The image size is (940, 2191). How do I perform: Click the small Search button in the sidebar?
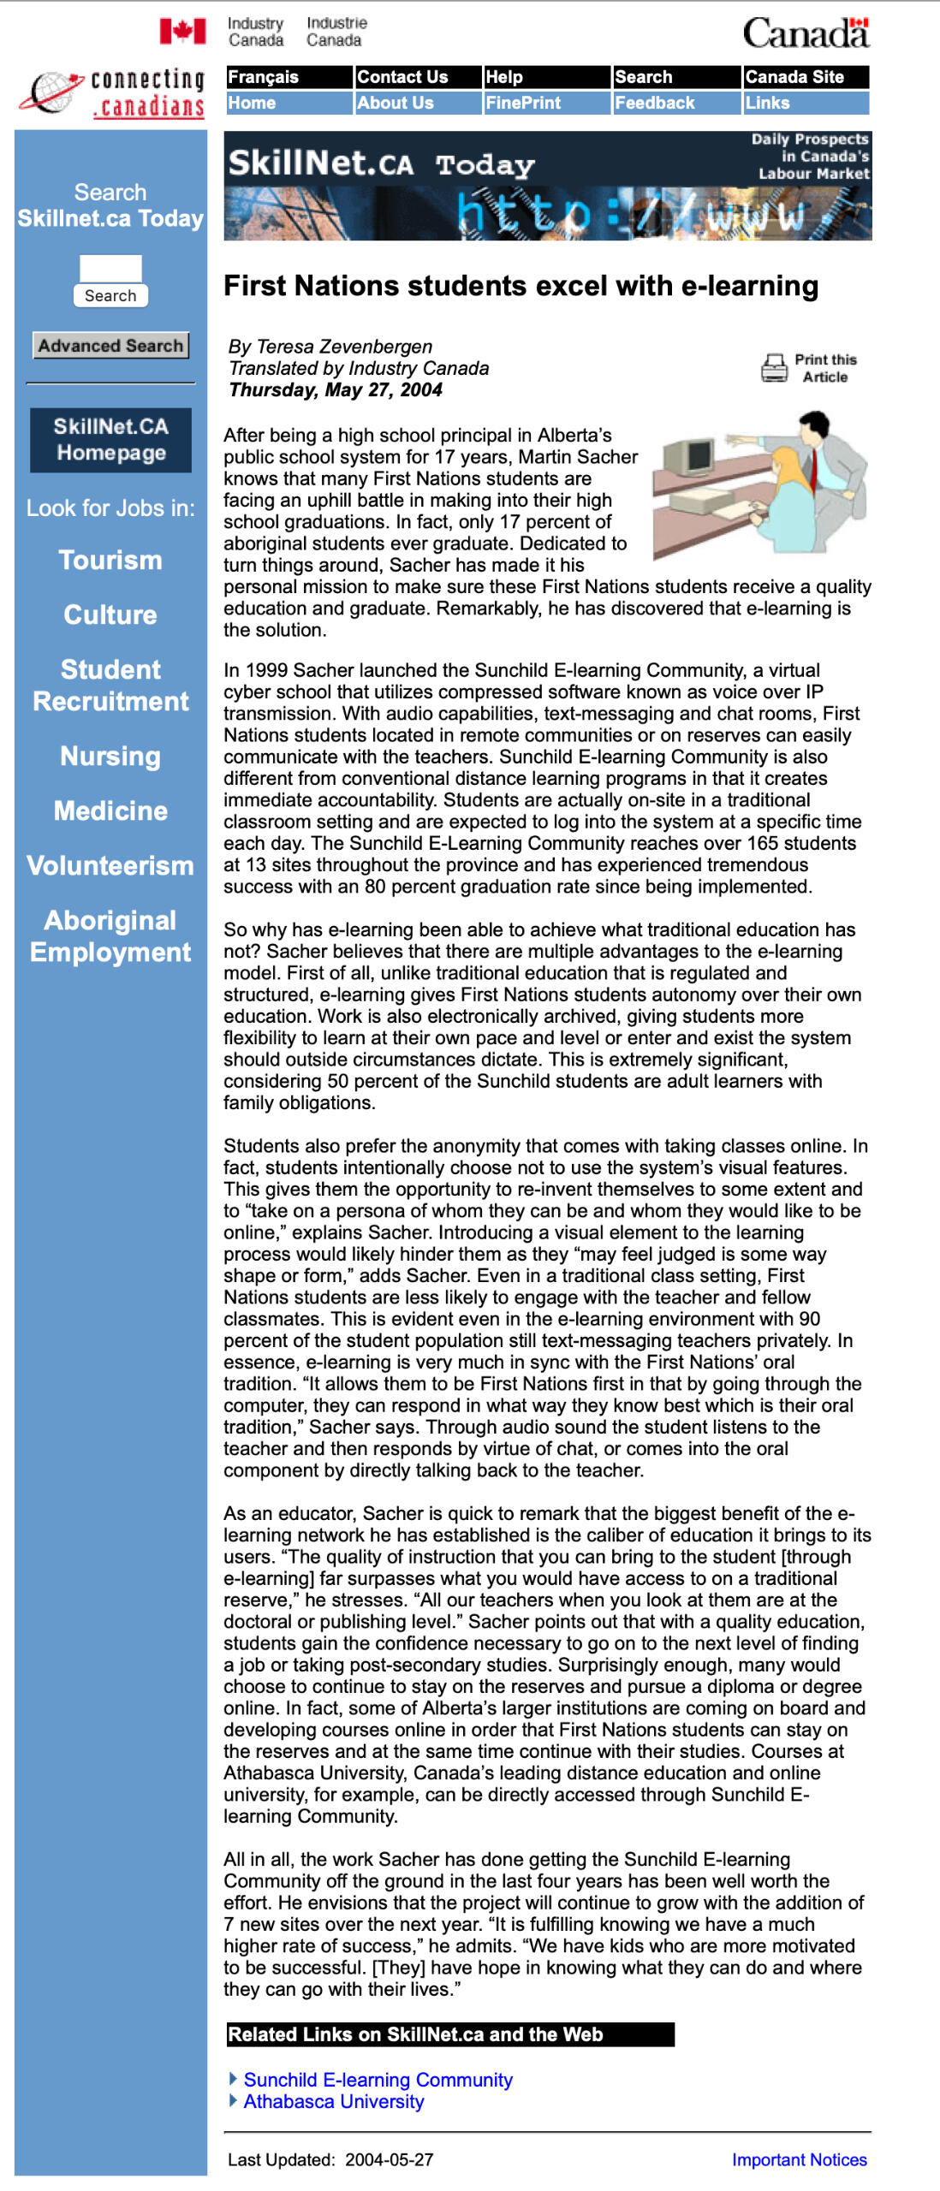point(110,295)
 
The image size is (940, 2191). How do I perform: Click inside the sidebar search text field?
point(110,268)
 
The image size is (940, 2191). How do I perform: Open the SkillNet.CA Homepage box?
point(110,440)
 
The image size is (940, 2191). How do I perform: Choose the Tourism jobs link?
point(110,560)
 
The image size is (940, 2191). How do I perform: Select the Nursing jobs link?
point(110,756)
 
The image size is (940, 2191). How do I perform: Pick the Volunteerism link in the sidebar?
point(110,865)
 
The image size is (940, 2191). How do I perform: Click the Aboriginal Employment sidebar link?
point(110,935)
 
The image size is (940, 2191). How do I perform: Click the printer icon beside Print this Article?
point(774,368)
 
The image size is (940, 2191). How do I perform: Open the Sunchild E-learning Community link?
point(378,2079)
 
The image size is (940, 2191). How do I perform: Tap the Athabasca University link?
point(334,2101)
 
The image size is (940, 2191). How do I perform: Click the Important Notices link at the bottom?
point(799,2159)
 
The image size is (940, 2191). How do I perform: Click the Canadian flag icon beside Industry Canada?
point(182,32)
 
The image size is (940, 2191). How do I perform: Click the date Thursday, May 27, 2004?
point(336,390)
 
